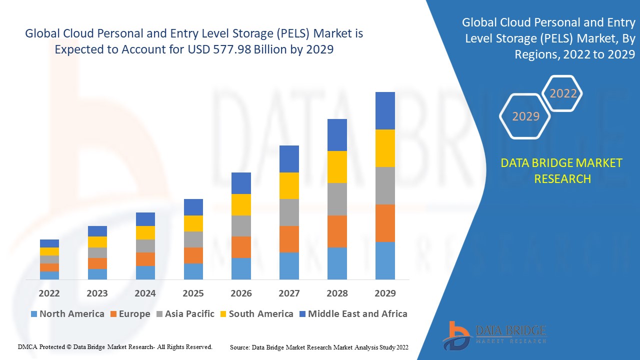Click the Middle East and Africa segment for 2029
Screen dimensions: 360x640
pos(385,110)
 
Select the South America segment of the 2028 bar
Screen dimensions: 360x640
pos(337,167)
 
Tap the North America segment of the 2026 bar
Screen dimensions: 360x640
pos(241,268)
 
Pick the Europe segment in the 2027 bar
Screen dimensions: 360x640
pos(289,239)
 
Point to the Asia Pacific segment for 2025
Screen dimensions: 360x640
pos(193,239)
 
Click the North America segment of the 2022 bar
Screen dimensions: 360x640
pos(49,275)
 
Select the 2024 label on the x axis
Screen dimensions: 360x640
pos(145,293)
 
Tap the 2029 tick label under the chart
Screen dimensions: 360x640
pos(385,293)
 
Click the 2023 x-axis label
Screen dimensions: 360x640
pos(97,293)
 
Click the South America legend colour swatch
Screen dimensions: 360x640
pos(222,314)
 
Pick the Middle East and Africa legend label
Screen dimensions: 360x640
pos(357,314)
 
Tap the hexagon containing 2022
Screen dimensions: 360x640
pos(563,93)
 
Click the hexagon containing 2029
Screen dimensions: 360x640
pos(525,116)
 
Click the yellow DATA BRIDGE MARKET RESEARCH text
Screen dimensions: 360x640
pos(562,170)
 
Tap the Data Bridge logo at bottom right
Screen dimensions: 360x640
pos(494,335)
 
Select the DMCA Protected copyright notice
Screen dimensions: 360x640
pos(115,346)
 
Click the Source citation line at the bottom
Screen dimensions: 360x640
pos(319,347)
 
